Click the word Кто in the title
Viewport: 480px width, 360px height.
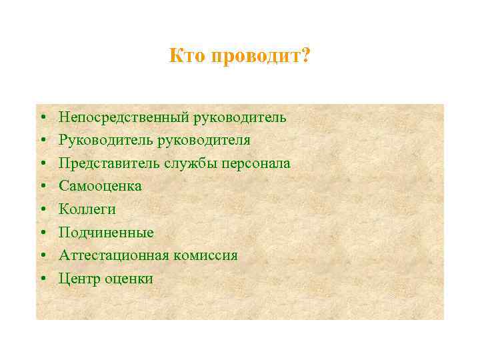pos(187,56)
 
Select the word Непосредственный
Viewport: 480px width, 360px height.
pos(124,118)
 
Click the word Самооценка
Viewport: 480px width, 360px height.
pos(100,186)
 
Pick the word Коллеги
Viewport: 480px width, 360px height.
pos(87,209)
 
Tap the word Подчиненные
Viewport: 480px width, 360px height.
pos(106,233)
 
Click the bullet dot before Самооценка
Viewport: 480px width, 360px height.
pos(42,187)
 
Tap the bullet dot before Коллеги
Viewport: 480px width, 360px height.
pos(42,210)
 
